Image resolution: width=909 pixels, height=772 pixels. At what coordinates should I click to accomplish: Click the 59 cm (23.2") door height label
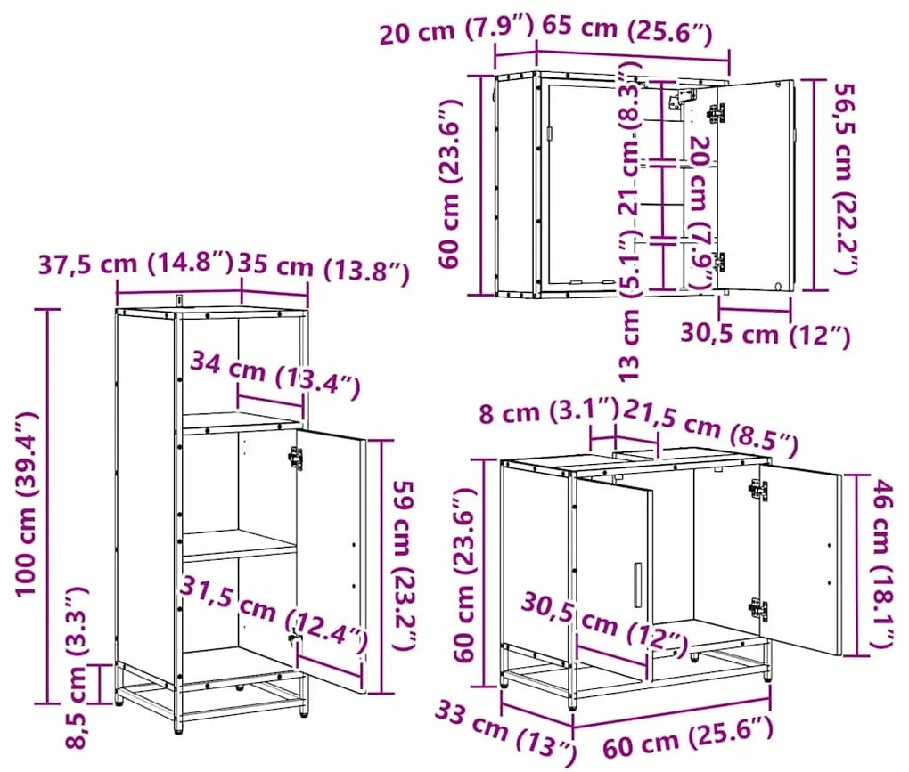[402, 566]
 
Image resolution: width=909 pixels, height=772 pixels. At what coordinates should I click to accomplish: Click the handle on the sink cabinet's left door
[637, 586]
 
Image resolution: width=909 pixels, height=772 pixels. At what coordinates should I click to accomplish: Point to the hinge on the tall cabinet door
[295, 458]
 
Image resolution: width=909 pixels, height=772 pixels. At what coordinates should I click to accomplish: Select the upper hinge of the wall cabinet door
[717, 113]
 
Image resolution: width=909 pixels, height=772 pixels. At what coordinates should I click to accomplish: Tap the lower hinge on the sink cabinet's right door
[758, 609]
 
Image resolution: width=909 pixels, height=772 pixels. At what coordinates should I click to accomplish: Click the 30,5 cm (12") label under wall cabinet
[764, 335]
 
